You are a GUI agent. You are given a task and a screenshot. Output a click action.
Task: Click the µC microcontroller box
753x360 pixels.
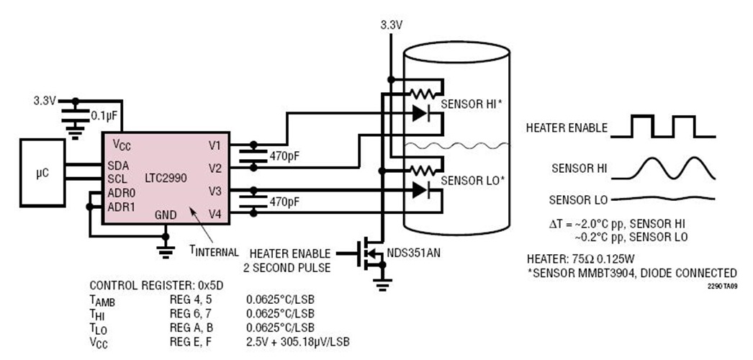pos(42,174)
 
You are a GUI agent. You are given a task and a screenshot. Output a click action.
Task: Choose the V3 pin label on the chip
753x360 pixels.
pos(215,192)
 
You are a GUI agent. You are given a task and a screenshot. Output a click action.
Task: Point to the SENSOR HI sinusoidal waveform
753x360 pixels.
pos(673,166)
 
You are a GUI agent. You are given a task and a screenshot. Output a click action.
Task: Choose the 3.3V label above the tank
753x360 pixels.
pos(392,25)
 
